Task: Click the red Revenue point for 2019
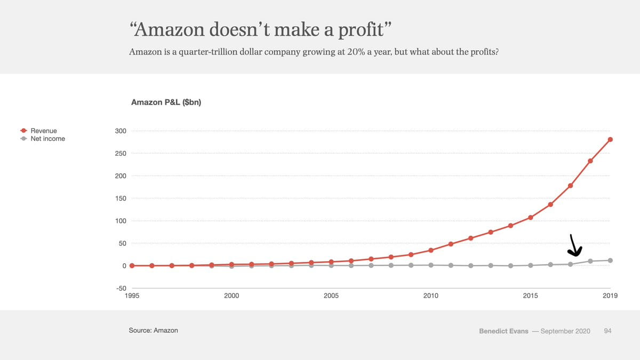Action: (610, 140)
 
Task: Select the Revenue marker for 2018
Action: (590, 161)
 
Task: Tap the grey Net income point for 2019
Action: (610, 260)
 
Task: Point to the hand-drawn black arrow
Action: (575, 246)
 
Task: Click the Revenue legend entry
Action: (43, 131)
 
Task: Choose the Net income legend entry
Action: (47, 139)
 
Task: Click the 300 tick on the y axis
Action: (120, 131)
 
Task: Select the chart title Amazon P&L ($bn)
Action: (166, 102)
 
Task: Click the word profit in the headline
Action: (361, 30)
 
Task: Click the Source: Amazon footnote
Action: (154, 331)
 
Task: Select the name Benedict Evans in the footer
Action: (504, 331)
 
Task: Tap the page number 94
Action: (607, 331)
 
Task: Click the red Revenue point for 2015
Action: (531, 218)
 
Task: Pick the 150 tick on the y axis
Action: (120, 198)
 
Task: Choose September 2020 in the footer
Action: (565, 331)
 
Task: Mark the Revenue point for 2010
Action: (431, 250)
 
